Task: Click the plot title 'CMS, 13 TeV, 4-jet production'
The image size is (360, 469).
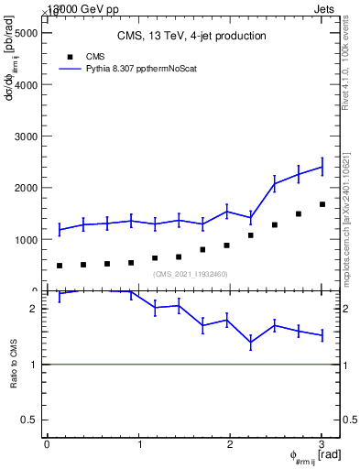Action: [191, 37]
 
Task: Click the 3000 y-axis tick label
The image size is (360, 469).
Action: [27, 136]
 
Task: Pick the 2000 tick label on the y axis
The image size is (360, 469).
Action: [27, 188]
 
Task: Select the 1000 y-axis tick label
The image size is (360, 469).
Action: [27, 239]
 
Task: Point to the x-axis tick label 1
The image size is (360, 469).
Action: [139, 444]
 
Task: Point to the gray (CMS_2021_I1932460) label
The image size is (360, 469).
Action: [191, 274]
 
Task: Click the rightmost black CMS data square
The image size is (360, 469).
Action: [322, 204]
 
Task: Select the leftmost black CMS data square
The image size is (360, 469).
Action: [60, 266]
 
